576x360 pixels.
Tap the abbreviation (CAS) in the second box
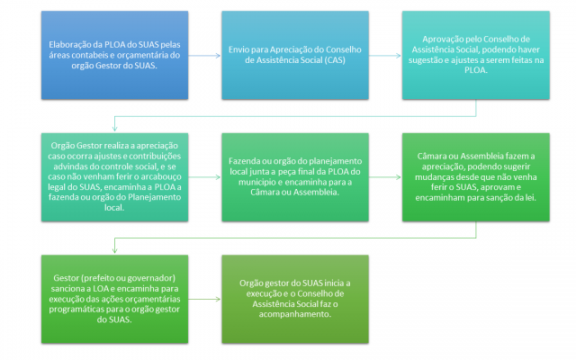pyautogui.click(x=335, y=60)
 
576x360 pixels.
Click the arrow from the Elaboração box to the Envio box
pyautogui.click(x=204, y=56)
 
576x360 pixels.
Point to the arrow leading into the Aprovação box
pyautogui.click(x=384, y=56)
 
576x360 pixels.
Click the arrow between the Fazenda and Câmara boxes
pyautogui.click(x=384, y=177)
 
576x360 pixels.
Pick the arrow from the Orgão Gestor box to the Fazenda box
pyautogui.click(x=204, y=177)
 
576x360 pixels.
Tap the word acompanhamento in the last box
pyautogui.click(x=294, y=314)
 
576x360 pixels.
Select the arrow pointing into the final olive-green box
pyautogui.click(x=204, y=299)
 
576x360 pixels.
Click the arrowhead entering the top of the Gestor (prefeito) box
pyautogui.click(x=114, y=250)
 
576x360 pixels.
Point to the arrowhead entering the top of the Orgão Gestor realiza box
pyautogui.click(x=114, y=129)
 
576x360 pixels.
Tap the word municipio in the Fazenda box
pyautogui.click(x=257, y=182)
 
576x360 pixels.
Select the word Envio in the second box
pyautogui.click(x=238, y=49)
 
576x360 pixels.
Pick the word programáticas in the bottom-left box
pyautogui.click(x=77, y=310)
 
